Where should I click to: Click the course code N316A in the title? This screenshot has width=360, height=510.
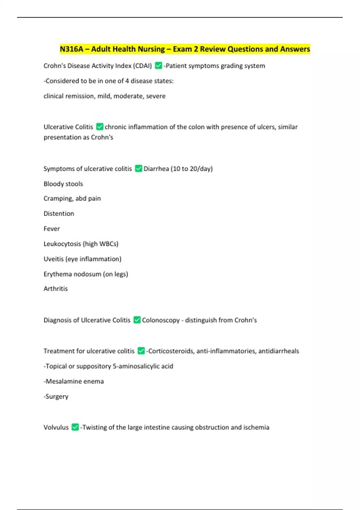tap(71, 49)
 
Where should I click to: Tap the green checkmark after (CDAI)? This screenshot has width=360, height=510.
tap(158, 65)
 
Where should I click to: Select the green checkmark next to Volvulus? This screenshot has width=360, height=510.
tap(75, 427)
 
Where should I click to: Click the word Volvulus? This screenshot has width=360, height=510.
tap(56, 427)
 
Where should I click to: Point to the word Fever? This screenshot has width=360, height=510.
tap(52, 229)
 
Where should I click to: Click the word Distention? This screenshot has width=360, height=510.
tap(59, 214)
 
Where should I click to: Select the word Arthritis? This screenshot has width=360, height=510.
tap(55, 289)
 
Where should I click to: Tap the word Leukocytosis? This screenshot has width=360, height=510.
tap(62, 244)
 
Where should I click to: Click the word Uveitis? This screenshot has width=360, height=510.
tap(54, 259)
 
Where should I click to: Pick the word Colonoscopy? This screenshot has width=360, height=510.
tap(161, 320)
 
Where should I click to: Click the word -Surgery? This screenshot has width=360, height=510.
tap(56, 396)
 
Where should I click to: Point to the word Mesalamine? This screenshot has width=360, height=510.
tap(63, 381)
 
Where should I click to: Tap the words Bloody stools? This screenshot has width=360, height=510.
tap(63, 184)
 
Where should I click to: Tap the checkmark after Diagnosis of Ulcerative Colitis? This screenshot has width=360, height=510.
tap(137, 320)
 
